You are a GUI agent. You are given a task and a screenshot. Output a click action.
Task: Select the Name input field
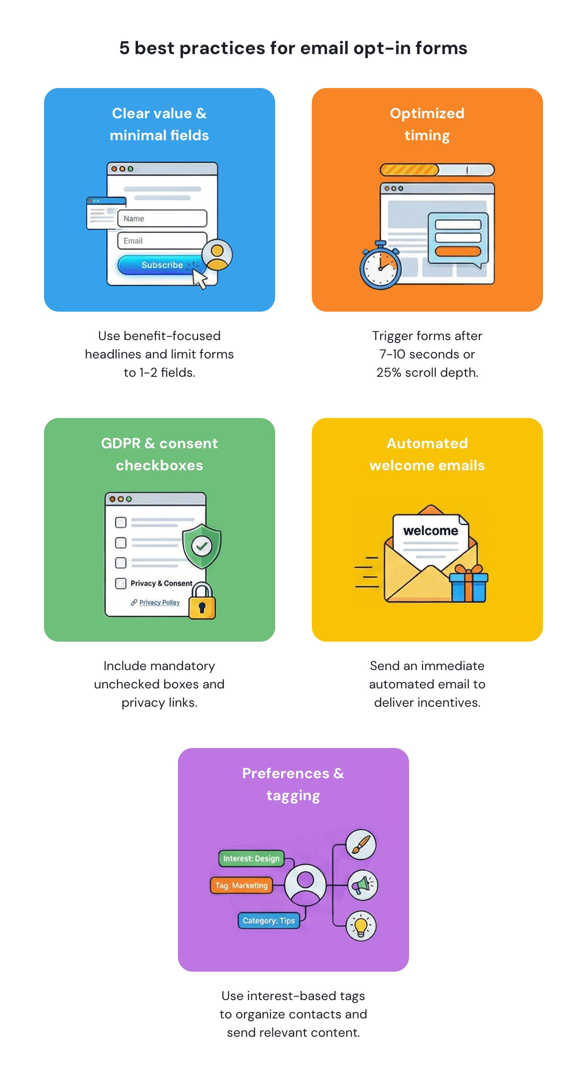pos(162,219)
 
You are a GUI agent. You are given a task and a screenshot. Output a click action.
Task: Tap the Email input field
pos(162,241)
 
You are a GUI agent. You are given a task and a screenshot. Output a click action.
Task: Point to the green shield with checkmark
pos(202,545)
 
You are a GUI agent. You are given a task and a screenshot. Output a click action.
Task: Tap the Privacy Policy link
pos(159,602)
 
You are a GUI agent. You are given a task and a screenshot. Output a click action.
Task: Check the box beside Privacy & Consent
pos(121,583)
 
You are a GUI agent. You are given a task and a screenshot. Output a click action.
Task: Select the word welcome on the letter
pos(431,531)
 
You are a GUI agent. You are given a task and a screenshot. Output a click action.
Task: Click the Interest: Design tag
pos(251,858)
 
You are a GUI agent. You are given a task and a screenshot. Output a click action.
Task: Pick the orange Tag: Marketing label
pos(241,885)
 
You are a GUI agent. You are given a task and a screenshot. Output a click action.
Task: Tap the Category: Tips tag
pos(269,921)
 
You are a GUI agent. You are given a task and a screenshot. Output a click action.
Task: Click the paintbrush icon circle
pos(361,845)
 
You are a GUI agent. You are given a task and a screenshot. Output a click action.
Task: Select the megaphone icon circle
pos(362,885)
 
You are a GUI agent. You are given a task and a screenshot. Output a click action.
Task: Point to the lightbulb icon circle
pos(361,925)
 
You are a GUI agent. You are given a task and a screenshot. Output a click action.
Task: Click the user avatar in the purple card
pos(305,885)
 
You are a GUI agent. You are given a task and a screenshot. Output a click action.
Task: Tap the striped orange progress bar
pos(409,170)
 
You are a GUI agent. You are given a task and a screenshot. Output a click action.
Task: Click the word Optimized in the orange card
pos(427,113)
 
